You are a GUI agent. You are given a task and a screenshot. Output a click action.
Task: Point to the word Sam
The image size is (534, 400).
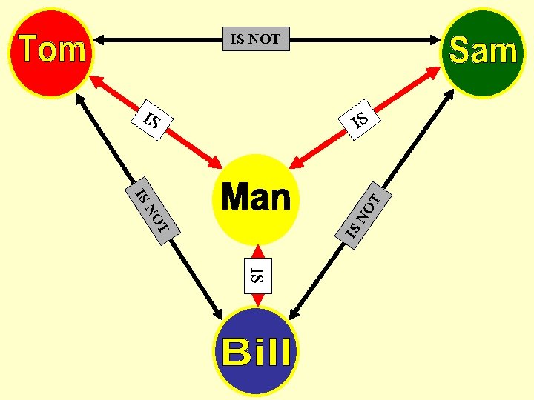483,50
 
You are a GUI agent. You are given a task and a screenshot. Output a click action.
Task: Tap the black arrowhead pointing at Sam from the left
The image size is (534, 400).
437,39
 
